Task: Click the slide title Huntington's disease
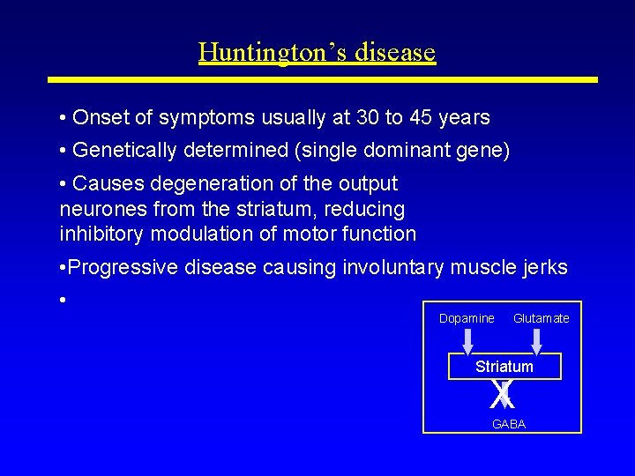coord(317,52)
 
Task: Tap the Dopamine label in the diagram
coord(467,318)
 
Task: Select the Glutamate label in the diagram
coord(541,318)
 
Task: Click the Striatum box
coord(504,366)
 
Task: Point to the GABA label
coord(508,424)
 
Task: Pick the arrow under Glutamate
coord(536,342)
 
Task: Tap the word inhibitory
coord(102,234)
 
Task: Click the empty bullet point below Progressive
coord(63,300)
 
